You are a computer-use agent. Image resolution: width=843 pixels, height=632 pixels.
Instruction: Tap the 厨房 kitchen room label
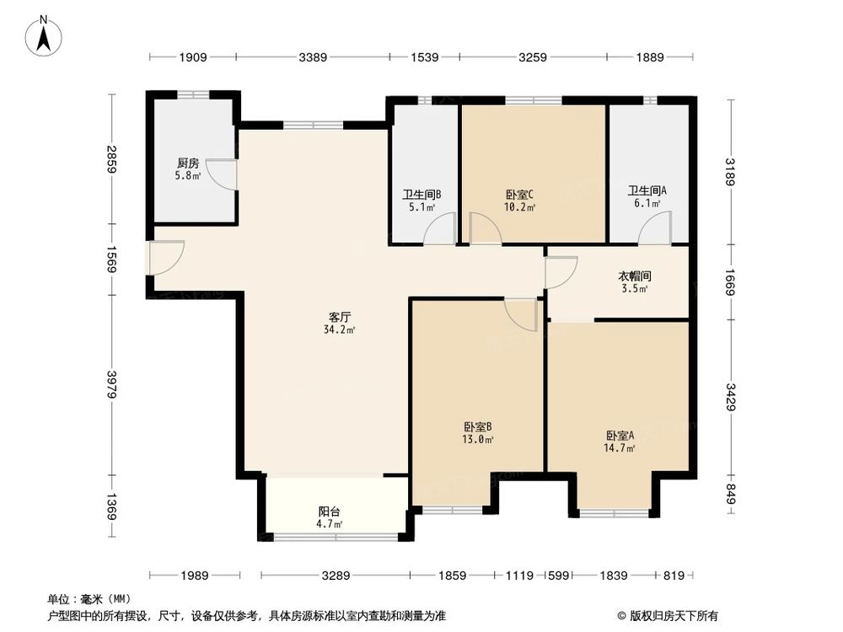click(188, 163)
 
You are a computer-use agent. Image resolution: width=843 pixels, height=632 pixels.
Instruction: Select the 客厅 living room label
click(340, 317)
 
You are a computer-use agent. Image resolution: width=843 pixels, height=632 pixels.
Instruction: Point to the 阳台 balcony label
click(330, 511)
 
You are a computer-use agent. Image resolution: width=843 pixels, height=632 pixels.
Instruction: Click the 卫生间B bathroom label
click(421, 194)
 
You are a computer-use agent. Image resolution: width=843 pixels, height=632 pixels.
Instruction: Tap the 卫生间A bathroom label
click(647, 190)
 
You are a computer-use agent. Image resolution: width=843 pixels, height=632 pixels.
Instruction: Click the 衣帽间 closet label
click(635, 276)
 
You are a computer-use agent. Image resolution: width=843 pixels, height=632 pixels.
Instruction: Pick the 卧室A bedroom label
click(620, 436)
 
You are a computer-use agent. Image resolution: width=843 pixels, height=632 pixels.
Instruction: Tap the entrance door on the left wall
click(164, 257)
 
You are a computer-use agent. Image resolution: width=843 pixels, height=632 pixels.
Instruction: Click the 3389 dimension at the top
click(312, 57)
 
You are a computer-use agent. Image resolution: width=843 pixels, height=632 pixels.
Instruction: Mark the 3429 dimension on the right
click(730, 397)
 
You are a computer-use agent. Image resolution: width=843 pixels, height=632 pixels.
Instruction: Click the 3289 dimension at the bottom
click(335, 576)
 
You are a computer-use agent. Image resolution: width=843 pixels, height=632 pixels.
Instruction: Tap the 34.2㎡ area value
click(340, 329)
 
